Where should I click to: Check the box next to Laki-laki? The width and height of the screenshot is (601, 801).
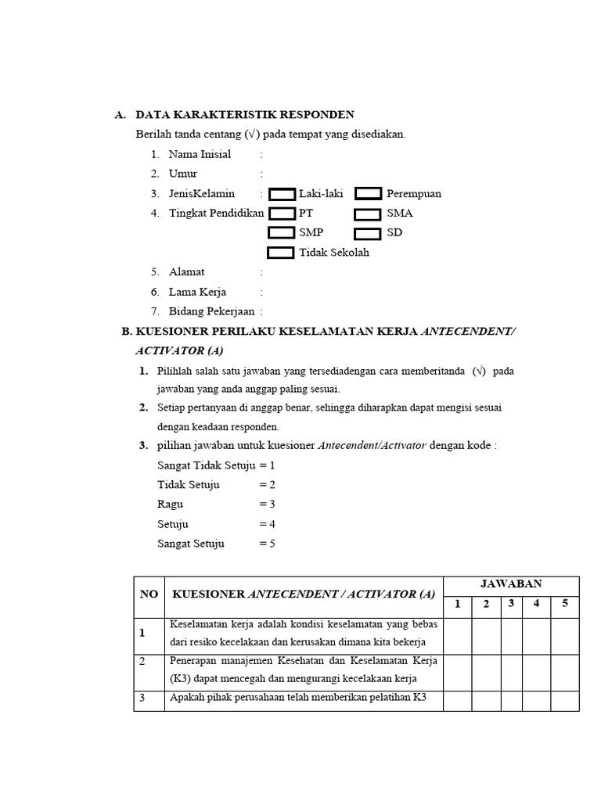pyautogui.click(x=282, y=194)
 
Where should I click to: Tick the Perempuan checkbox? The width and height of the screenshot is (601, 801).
pyautogui.click(x=368, y=194)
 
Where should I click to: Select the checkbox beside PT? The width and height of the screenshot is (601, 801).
pyautogui.click(x=282, y=214)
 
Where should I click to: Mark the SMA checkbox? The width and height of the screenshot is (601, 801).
pyautogui.click(x=368, y=214)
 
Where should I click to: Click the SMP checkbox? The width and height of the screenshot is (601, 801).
pyautogui.click(x=282, y=233)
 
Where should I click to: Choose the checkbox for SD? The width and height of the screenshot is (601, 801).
pyautogui.click(x=368, y=233)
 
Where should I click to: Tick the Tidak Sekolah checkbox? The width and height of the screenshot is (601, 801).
pyautogui.click(x=281, y=253)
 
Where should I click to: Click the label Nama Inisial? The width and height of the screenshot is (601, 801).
pyautogui.click(x=200, y=154)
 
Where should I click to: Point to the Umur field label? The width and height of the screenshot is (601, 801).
pyautogui.click(x=183, y=174)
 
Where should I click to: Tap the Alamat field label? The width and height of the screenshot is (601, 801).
pyautogui.click(x=186, y=271)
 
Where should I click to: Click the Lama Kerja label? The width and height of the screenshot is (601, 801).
pyautogui.click(x=197, y=292)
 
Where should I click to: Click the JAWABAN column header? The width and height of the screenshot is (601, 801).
pyautogui.click(x=511, y=584)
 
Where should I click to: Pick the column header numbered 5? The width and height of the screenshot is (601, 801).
pyautogui.click(x=564, y=603)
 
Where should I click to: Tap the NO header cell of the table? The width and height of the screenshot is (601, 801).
pyautogui.click(x=149, y=594)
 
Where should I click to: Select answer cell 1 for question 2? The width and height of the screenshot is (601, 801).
pyautogui.click(x=458, y=671)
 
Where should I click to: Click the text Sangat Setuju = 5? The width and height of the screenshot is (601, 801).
pyautogui.click(x=216, y=544)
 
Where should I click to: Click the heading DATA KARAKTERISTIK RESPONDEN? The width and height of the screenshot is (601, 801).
pyautogui.click(x=245, y=115)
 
